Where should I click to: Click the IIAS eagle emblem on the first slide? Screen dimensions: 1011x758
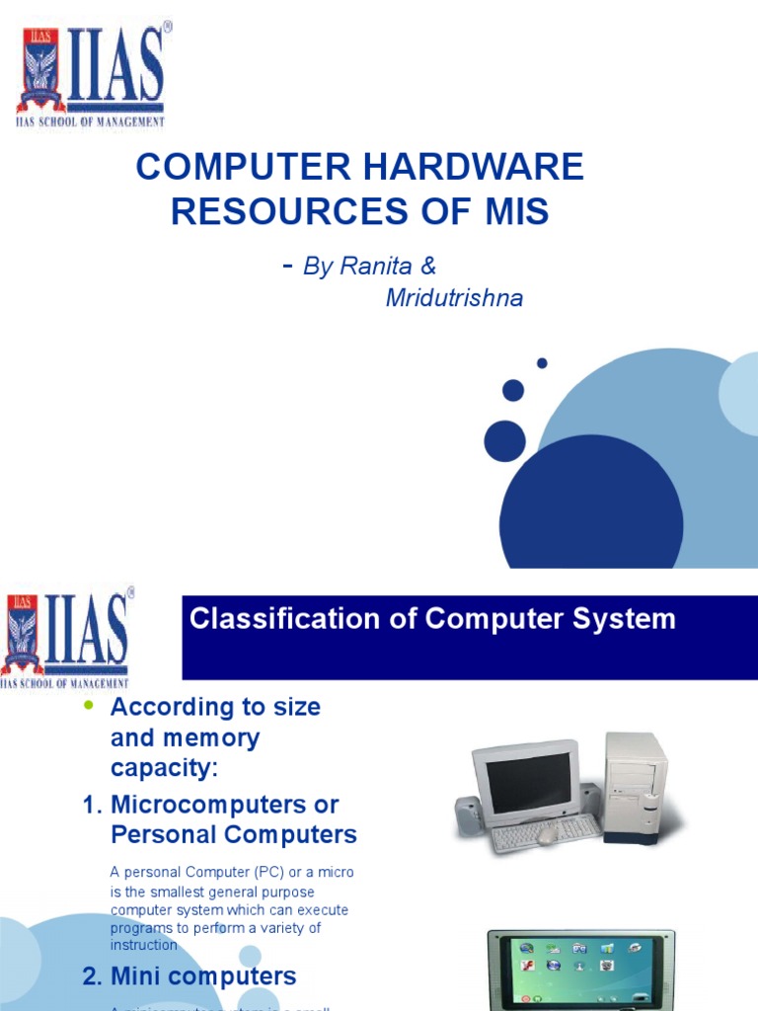pyautogui.click(x=40, y=73)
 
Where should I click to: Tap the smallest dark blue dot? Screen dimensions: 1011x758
pyautogui.click(x=542, y=363)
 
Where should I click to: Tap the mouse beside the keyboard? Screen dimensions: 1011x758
pyautogui.click(x=546, y=837)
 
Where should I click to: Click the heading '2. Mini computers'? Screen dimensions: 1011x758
pyautogui.click(x=189, y=976)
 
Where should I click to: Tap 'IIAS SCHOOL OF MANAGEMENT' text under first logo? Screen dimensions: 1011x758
pyautogui.click(x=90, y=121)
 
